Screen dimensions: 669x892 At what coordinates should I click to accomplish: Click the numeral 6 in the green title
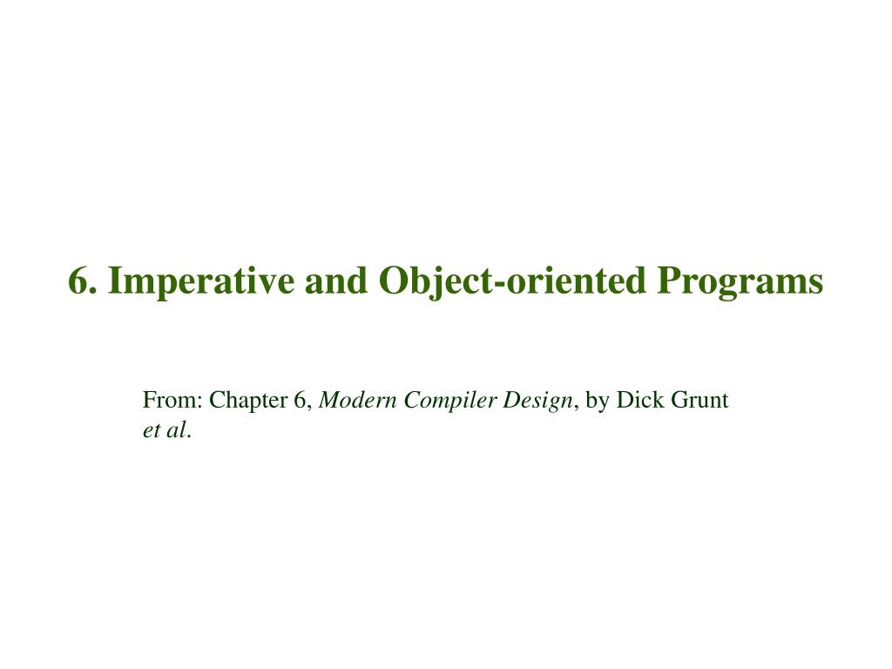tap(78, 281)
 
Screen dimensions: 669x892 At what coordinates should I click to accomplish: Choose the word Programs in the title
tap(740, 281)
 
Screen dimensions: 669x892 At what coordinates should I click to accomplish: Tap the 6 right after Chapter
tap(300, 401)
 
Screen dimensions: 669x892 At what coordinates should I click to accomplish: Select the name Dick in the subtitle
tap(636, 401)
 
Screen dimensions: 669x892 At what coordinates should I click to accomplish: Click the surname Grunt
tap(698, 401)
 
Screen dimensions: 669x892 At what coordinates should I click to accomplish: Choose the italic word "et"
tap(151, 429)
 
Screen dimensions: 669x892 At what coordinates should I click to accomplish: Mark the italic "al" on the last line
tap(178, 429)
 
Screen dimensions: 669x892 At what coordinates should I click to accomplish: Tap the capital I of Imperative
tap(116, 281)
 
